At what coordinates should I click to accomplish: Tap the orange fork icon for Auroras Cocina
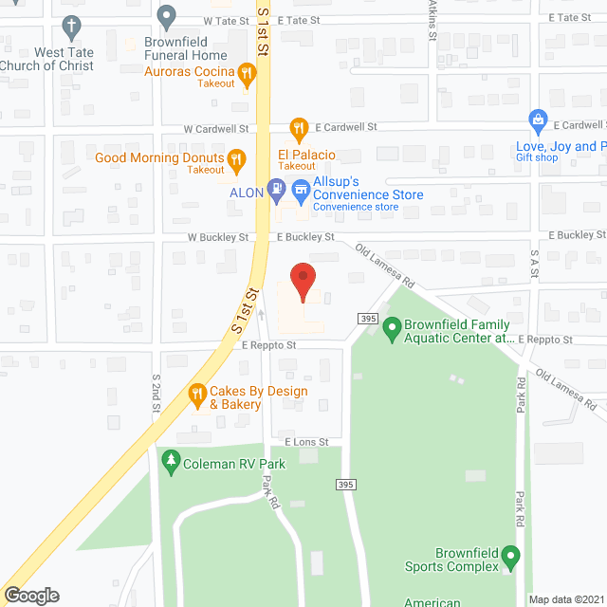coord(247,72)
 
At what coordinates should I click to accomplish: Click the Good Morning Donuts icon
coord(238,158)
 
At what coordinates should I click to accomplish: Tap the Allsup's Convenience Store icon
coord(301,188)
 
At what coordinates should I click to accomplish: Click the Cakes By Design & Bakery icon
coord(197,392)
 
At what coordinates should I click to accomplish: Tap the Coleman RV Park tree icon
coord(171,461)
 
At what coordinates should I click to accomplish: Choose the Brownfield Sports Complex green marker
coord(511,554)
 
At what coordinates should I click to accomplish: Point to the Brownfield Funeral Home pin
coord(167,15)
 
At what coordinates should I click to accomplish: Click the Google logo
coord(30,595)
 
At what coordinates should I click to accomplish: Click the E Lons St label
coord(305,442)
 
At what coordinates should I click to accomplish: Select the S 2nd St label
coord(156,392)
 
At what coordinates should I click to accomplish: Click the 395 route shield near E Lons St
coord(344,485)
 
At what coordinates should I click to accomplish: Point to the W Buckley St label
coord(217,237)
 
